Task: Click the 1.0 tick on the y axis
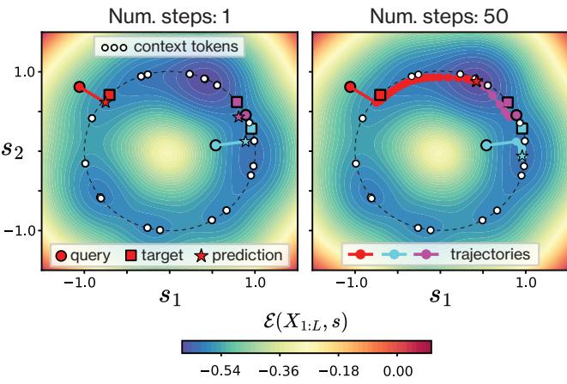tap(24, 72)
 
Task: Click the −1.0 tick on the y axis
tap(21, 231)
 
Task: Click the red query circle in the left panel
tap(79, 87)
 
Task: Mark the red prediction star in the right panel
tap(477, 81)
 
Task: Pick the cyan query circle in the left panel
tap(215, 146)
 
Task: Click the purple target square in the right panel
tap(508, 101)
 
